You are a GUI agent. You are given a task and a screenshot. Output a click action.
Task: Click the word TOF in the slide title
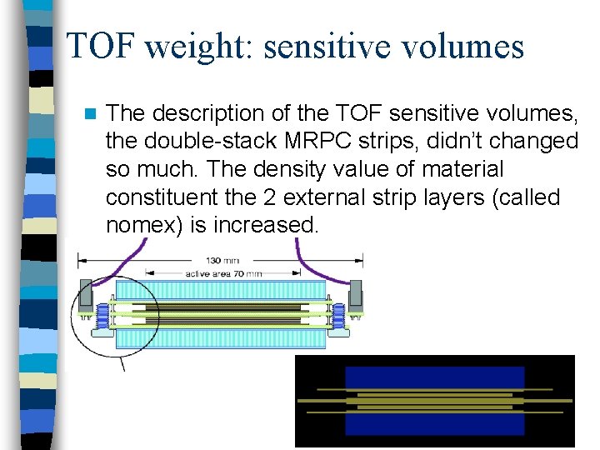coord(99,47)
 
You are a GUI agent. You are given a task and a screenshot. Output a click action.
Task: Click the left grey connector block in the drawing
coord(86,294)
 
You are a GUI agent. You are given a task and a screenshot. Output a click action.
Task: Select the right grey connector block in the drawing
coord(356,294)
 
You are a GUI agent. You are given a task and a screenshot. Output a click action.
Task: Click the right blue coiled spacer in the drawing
coord(338,317)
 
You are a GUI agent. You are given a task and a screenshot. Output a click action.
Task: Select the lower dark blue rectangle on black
coord(435,423)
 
